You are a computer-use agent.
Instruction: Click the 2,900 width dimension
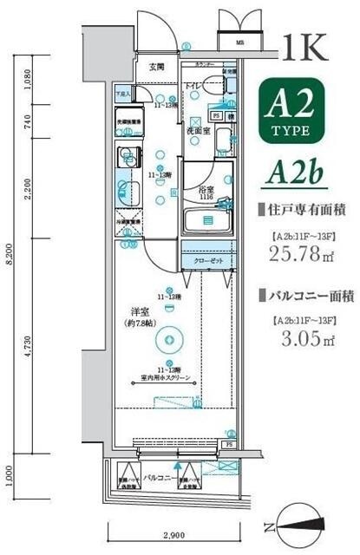click(171, 535)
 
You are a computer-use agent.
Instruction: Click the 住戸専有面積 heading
click(303, 208)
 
